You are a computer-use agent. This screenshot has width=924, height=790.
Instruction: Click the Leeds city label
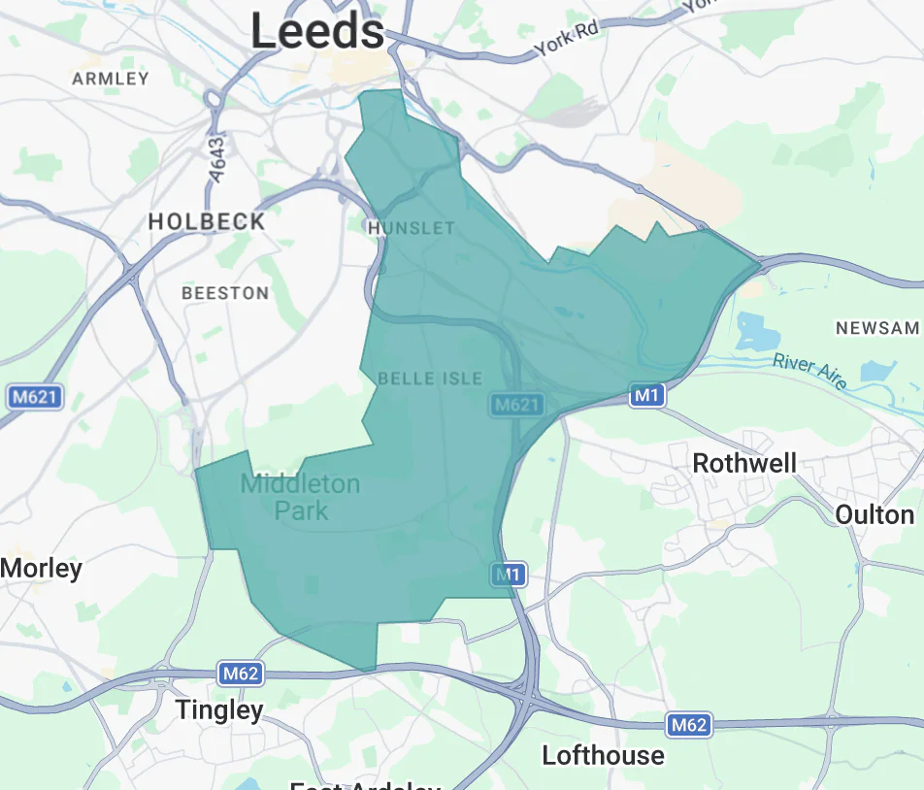click(317, 31)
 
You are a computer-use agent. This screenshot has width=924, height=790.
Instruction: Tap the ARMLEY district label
click(111, 79)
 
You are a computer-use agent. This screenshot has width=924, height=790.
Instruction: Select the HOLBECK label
click(207, 221)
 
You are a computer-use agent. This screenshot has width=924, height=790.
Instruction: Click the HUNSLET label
click(412, 228)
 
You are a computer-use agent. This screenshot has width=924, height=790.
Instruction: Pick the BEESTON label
click(225, 292)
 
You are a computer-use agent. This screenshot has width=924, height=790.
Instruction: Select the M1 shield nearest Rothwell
click(647, 395)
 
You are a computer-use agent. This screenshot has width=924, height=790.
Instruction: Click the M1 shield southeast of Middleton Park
click(508, 575)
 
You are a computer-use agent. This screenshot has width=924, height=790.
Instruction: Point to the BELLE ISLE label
click(430, 378)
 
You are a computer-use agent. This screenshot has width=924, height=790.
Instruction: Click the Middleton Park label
click(300, 496)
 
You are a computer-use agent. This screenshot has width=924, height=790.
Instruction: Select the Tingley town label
click(219, 710)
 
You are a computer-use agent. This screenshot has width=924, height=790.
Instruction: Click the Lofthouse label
click(603, 755)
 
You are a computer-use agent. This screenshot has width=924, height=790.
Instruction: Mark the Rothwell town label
click(744, 463)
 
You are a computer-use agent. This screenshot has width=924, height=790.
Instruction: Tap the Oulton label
click(874, 514)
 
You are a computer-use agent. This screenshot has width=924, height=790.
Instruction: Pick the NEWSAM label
click(877, 328)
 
